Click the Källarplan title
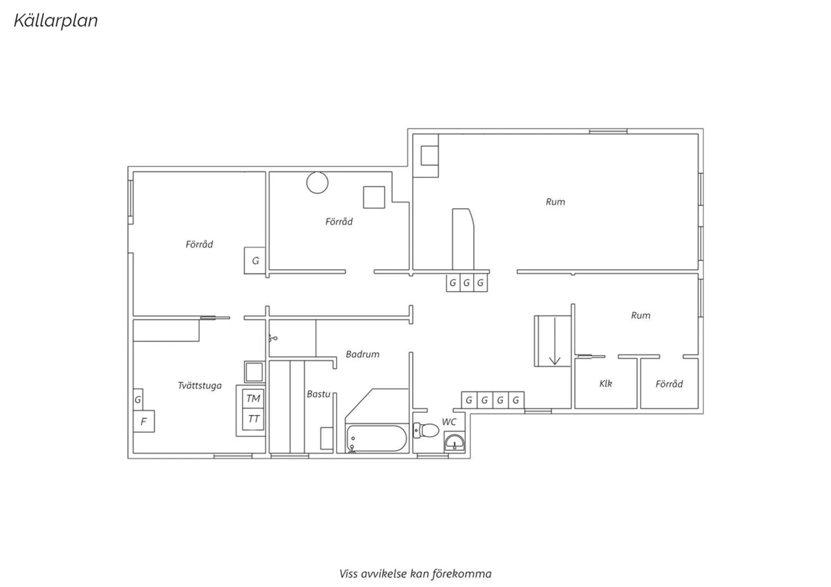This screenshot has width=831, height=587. pyautogui.click(x=56, y=20)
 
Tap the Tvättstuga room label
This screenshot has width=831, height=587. pyautogui.click(x=199, y=385)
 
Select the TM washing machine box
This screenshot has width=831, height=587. pyautogui.click(x=253, y=399)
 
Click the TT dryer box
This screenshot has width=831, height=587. pyautogui.click(x=253, y=419)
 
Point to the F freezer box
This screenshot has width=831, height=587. pyautogui.click(x=143, y=421)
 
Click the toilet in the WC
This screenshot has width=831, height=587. pyautogui.click(x=425, y=430)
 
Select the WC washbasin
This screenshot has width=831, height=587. pyautogui.click(x=454, y=442)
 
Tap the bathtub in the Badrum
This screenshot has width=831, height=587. pyautogui.click(x=377, y=438)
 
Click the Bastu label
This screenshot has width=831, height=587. pyautogui.click(x=319, y=394)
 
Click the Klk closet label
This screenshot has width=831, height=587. pyautogui.click(x=606, y=383)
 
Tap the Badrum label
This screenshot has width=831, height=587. pyautogui.click(x=362, y=354)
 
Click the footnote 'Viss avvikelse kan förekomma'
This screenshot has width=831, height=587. pyautogui.click(x=416, y=574)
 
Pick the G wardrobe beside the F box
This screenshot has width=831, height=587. pyautogui.click(x=138, y=399)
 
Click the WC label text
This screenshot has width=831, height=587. pyautogui.click(x=449, y=421)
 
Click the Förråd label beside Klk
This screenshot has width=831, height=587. pyautogui.click(x=669, y=384)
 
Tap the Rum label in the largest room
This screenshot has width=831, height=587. pyautogui.click(x=555, y=202)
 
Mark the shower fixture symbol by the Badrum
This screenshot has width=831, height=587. pyautogui.click(x=273, y=338)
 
